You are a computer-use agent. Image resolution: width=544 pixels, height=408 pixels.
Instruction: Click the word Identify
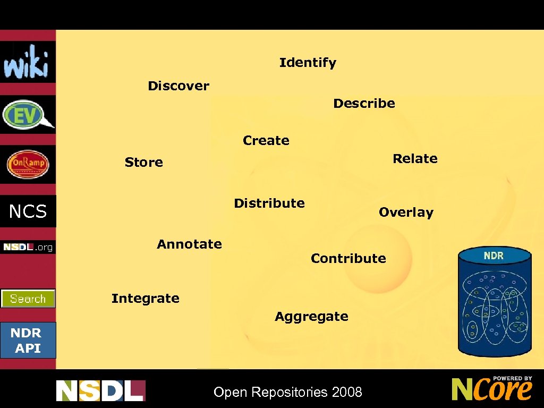(x=308, y=63)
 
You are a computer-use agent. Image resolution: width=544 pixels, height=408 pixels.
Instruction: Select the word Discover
(x=178, y=86)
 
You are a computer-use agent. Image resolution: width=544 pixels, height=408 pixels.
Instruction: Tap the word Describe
(x=364, y=104)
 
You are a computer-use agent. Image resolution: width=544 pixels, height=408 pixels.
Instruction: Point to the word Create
(x=266, y=141)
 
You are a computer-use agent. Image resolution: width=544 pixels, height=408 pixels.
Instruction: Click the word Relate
(x=415, y=159)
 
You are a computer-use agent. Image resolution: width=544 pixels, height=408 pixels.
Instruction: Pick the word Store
(x=143, y=163)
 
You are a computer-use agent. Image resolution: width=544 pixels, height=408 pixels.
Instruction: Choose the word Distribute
(x=269, y=203)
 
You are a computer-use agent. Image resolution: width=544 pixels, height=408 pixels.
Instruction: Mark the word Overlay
(x=406, y=212)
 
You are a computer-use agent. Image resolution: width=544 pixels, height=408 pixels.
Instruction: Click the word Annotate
(x=189, y=244)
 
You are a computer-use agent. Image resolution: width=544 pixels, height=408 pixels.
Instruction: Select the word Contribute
(x=348, y=259)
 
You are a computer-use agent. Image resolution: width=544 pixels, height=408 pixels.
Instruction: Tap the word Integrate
(x=145, y=299)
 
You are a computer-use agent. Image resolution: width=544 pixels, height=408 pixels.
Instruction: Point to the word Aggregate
(x=311, y=317)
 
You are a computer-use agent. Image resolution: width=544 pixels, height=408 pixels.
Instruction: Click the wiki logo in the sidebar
(x=27, y=62)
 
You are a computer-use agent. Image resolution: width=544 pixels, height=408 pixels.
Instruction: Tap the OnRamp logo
(x=28, y=165)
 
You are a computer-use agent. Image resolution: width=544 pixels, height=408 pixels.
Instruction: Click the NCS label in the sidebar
(x=28, y=212)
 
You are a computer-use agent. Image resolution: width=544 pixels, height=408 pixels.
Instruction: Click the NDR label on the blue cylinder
(x=494, y=256)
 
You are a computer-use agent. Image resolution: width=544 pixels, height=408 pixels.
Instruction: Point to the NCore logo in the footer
(x=492, y=389)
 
